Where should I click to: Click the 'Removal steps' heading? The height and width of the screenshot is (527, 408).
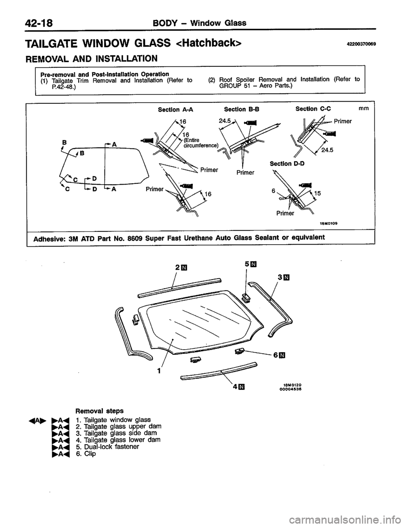tap(93, 411)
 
